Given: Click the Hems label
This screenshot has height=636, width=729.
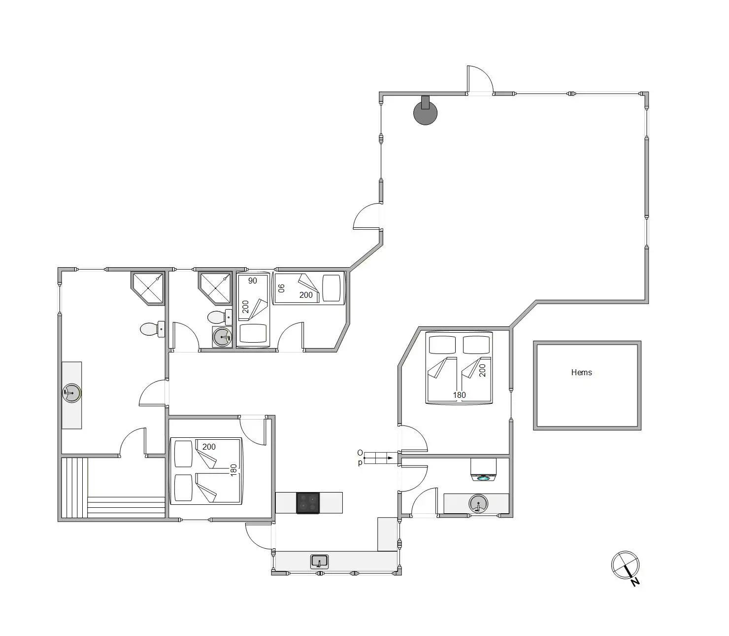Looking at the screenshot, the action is click(581, 372).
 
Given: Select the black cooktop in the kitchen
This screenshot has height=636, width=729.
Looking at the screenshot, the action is click(308, 503).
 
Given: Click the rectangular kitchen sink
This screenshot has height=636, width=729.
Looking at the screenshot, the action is click(319, 562).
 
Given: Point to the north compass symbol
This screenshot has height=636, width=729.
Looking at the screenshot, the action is click(626, 566).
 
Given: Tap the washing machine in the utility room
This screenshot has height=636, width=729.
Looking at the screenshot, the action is click(484, 470).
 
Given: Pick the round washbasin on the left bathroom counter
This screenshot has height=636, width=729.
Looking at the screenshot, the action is click(71, 393).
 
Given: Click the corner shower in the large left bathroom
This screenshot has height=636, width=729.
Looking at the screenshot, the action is click(148, 288).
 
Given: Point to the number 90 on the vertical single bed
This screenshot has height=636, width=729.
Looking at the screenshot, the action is click(252, 281).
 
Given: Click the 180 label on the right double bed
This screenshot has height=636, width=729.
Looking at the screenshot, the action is click(459, 395).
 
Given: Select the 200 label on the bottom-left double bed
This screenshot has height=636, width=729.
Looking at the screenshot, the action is click(209, 447).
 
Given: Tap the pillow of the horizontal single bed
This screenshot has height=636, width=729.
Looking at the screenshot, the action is click(331, 288).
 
